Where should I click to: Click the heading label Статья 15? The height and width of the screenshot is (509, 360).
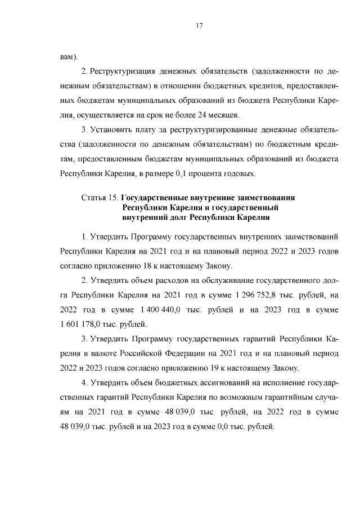[x=100, y=198]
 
